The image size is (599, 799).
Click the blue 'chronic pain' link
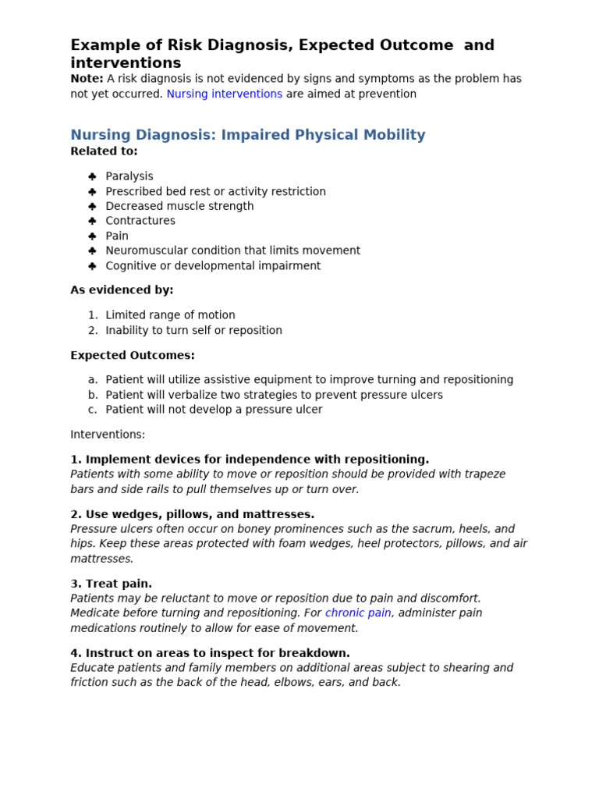pyautogui.click(x=358, y=613)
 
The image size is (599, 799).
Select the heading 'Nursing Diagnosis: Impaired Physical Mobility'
pyautogui.click(x=248, y=135)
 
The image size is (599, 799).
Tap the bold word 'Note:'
pyautogui.click(x=87, y=79)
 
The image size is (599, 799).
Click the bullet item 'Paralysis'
pyautogui.click(x=129, y=176)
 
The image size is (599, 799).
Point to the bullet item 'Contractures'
pyautogui.click(x=140, y=221)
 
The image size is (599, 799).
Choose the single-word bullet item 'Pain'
pyautogui.click(x=117, y=236)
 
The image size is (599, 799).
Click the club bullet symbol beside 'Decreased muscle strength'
pyautogui.click(x=92, y=207)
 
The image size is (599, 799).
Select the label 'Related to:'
pyautogui.click(x=104, y=151)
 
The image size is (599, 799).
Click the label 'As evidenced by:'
pyautogui.click(x=122, y=290)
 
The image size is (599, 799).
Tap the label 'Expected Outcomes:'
pyautogui.click(x=133, y=356)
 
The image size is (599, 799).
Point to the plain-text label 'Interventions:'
pyautogui.click(x=108, y=435)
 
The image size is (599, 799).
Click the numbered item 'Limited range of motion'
pyautogui.click(x=170, y=315)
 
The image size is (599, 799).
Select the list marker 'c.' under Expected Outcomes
pyautogui.click(x=93, y=410)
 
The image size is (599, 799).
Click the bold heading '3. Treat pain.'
pyautogui.click(x=111, y=584)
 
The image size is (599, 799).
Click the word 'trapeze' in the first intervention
pyautogui.click(x=484, y=474)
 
